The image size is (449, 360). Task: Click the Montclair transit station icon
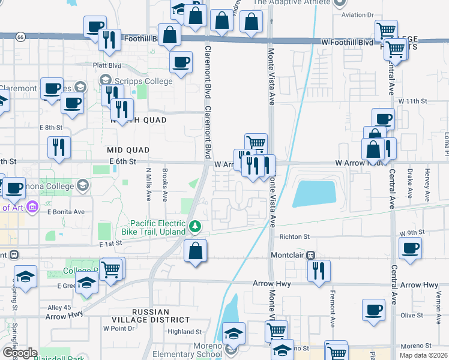pyautogui.click(x=310, y=255)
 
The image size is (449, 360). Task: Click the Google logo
pyautogui.click(x=19, y=353)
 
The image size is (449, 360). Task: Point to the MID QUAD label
pyautogui.click(x=127, y=149)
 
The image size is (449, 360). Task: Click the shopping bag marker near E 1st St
pyautogui.click(x=196, y=251)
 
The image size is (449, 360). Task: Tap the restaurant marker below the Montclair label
pyautogui.click(x=319, y=270)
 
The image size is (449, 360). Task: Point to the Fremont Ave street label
pyautogui.click(x=332, y=308)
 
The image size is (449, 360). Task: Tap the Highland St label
pyautogui.click(x=185, y=332)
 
